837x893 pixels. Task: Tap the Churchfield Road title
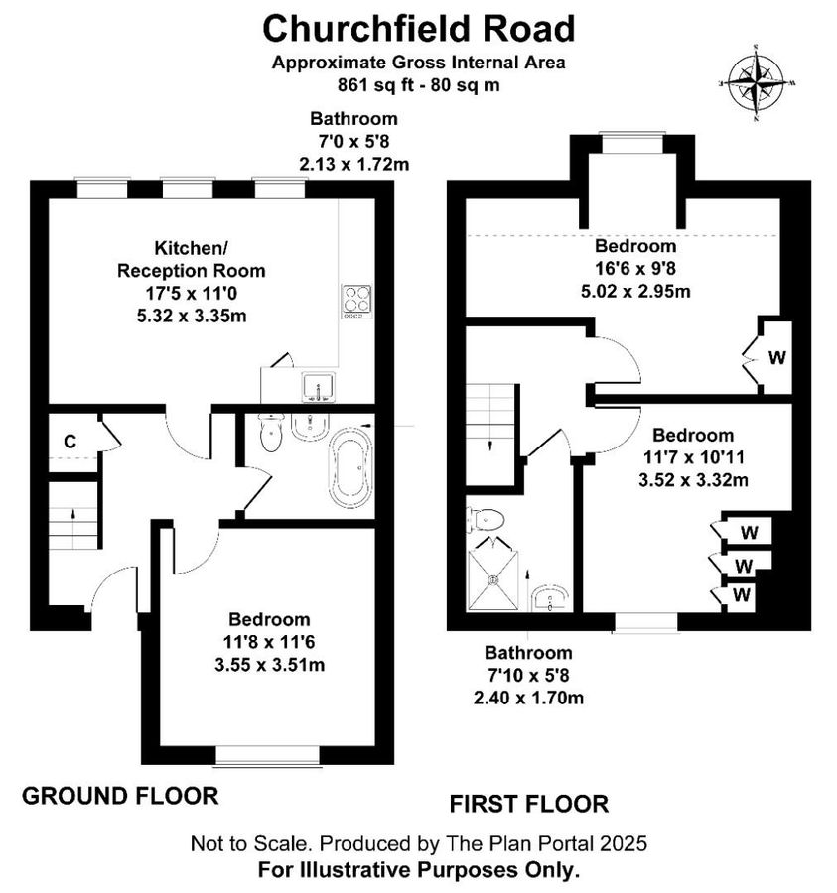[418, 28]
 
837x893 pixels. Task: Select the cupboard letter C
[70, 442]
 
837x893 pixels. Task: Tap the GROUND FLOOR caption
[119, 795]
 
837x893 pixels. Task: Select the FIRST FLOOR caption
[528, 803]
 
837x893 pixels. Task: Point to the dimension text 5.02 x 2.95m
[634, 291]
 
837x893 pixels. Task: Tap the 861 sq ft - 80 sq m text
[418, 83]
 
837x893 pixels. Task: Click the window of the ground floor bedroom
[268, 757]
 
